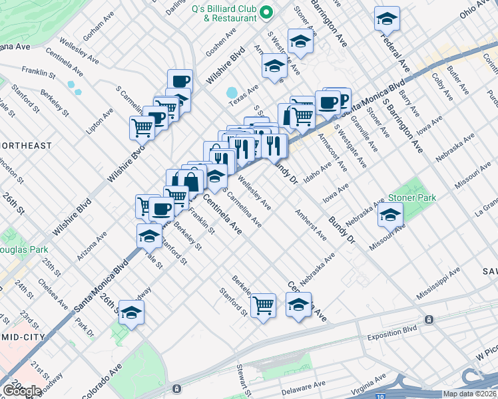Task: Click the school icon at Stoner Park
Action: tap(390, 215)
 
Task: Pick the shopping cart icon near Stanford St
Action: tap(264, 305)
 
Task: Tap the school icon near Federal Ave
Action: tap(386, 19)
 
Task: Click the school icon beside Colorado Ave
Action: tap(132, 313)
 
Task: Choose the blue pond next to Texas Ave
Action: tap(232, 92)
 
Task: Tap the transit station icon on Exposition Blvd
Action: tap(429, 319)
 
